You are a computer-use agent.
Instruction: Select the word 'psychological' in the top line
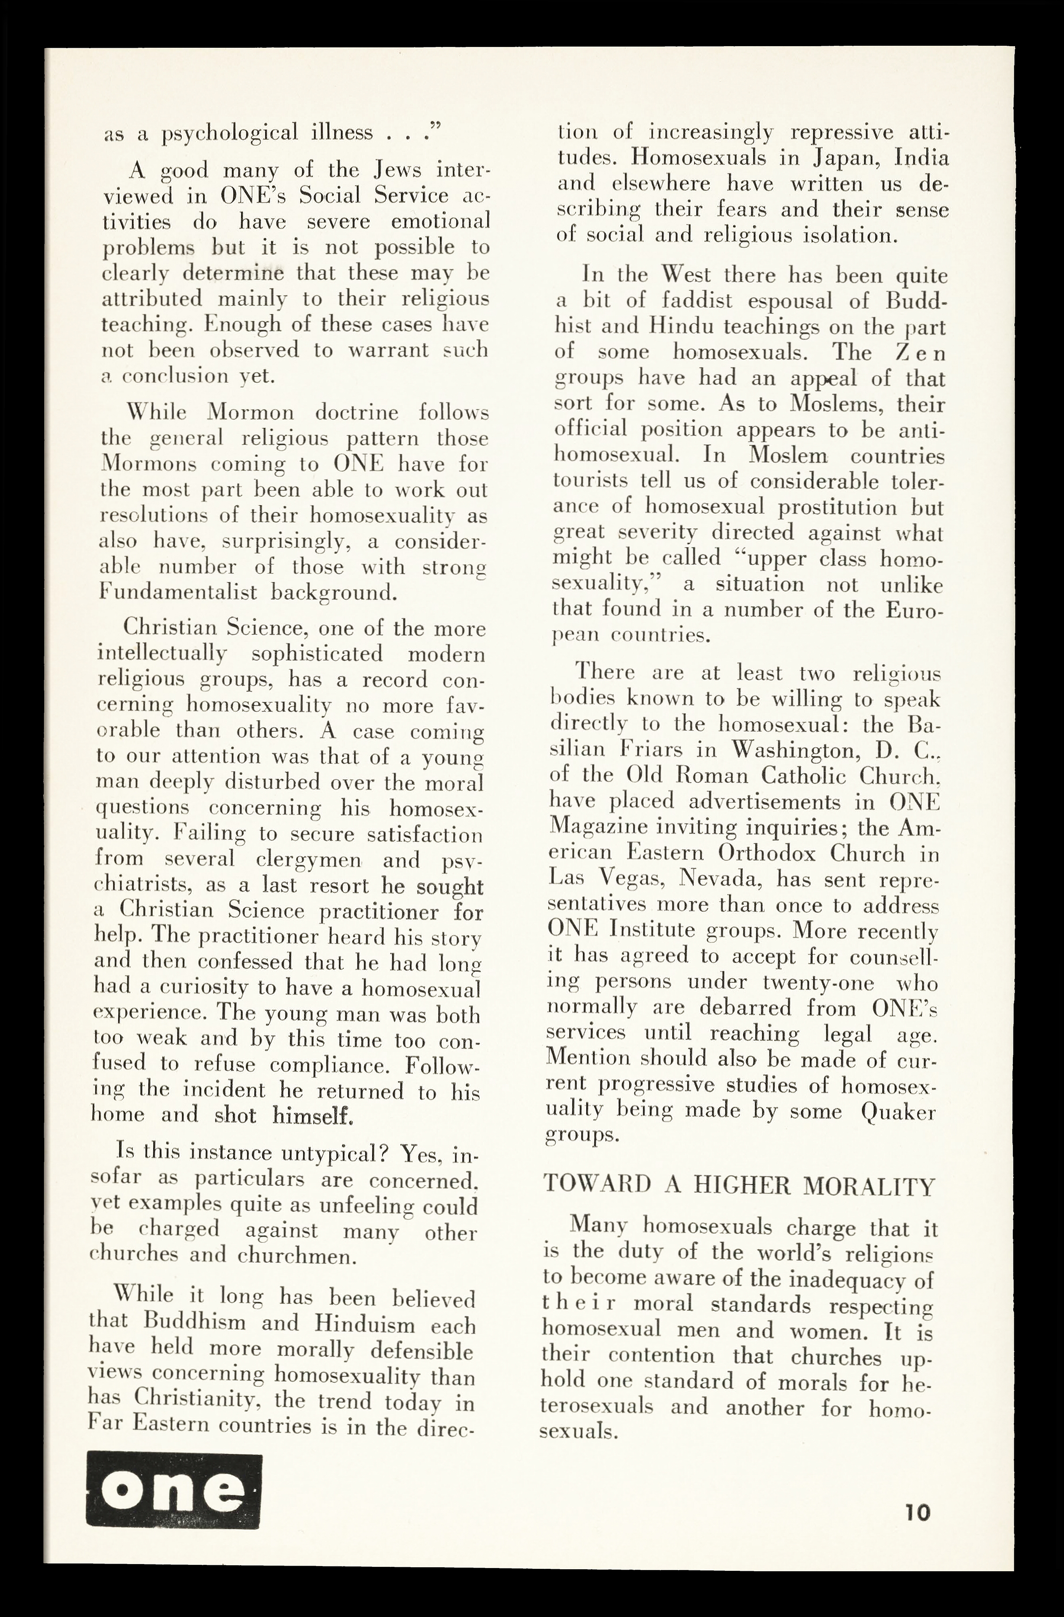click(x=230, y=132)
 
